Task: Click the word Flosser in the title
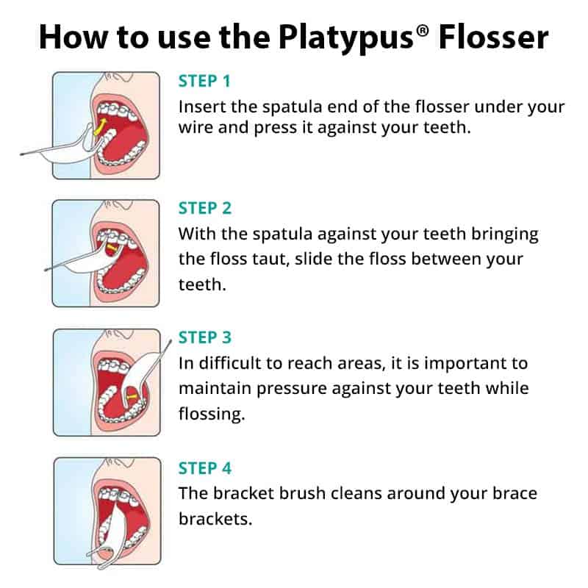point(493,36)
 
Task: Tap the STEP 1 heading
point(205,81)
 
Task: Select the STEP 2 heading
point(205,209)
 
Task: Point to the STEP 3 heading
point(205,337)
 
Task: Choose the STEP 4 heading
point(205,467)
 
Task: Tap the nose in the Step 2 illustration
point(111,209)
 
